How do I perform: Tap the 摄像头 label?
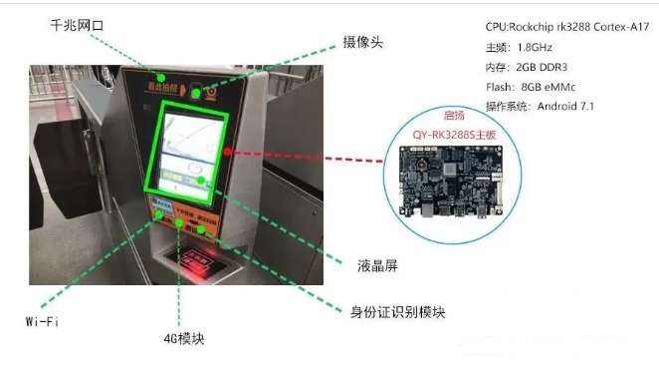tap(363, 43)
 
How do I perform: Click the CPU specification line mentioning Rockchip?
tap(559, 26)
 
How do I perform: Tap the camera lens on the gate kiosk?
tap(208, 93)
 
